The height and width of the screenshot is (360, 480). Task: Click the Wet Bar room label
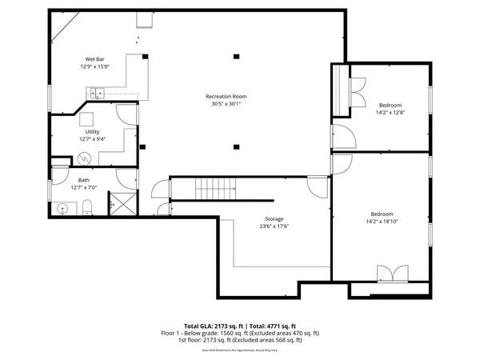(x=94, y=59)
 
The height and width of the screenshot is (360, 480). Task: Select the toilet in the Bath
(x=89, y=209)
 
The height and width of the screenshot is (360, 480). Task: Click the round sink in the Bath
(x=62, y=208)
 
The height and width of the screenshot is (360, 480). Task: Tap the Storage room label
(x=274, y=218)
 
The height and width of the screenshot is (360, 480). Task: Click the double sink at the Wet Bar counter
(x=97, y=94)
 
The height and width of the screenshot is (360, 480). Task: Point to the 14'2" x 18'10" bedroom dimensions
(x=382, y=222)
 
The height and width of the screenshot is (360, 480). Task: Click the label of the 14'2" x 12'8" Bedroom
(x=390, y=105)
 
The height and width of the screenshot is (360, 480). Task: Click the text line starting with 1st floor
(x=240, y=340)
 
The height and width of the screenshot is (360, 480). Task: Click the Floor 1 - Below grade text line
(x=240, y=333)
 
